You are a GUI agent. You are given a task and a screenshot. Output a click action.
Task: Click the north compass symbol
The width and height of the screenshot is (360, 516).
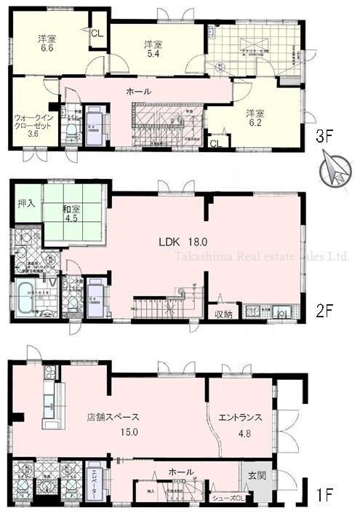(334, 172)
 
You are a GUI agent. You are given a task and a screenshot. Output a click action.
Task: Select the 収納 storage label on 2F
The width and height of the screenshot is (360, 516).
(223, 314)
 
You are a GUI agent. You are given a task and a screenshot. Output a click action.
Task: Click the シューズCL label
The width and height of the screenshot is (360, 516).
(228, 498)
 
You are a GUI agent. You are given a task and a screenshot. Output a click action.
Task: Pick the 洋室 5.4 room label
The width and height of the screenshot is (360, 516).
(152, 49)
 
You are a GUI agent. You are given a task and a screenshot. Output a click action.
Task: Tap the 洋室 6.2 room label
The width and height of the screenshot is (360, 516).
(254, 119)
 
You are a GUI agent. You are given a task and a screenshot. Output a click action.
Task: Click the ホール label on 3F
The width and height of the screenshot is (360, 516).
(139, 91)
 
